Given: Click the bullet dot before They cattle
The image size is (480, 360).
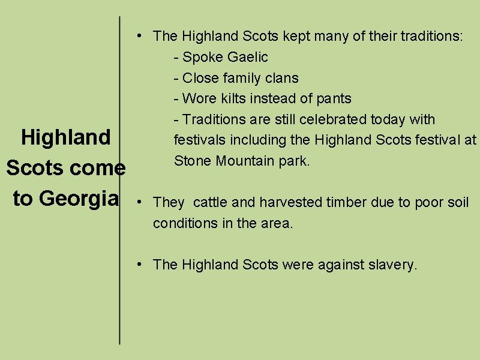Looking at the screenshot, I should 139,201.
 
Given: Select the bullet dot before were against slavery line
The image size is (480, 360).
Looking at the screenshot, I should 139,263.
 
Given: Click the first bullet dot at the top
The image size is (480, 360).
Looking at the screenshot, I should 139,35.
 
